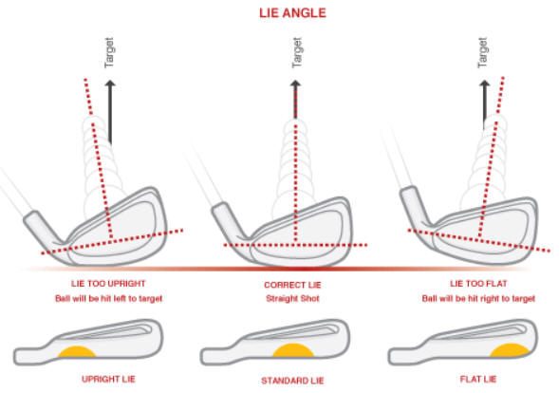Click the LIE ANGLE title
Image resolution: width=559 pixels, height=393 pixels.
tap(292, 13)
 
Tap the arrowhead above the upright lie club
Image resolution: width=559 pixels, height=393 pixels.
tap(110, 84)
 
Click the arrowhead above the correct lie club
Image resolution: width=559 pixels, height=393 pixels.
tap(295, 84)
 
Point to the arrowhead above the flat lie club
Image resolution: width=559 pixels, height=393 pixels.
tap(484, 84)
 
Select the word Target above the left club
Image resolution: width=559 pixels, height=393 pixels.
tap(109, 52)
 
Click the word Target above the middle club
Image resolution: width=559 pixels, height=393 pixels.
tap(297, 52)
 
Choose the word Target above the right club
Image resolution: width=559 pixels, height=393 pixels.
tap(482, 52)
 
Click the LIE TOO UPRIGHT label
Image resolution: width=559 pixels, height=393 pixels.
tap(108, 284)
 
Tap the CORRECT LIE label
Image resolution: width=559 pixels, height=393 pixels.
tap(292, 285)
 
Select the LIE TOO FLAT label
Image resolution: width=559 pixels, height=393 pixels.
tap(478, 284)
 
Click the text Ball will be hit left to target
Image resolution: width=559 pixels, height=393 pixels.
tap(109, 298)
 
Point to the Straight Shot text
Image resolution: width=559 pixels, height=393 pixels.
tap(292, 298)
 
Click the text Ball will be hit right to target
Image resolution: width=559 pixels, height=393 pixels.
tap(478, 298)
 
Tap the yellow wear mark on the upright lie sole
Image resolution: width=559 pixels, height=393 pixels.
tap(77, 352)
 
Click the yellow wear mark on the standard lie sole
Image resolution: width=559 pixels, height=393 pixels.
tap(293, 350)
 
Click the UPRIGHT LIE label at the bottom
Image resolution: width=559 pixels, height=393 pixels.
tap(109, 379)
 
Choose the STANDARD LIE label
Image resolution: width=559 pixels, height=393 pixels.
tap(292, 381)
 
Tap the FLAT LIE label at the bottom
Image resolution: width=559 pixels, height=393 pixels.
tap(478, 379)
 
